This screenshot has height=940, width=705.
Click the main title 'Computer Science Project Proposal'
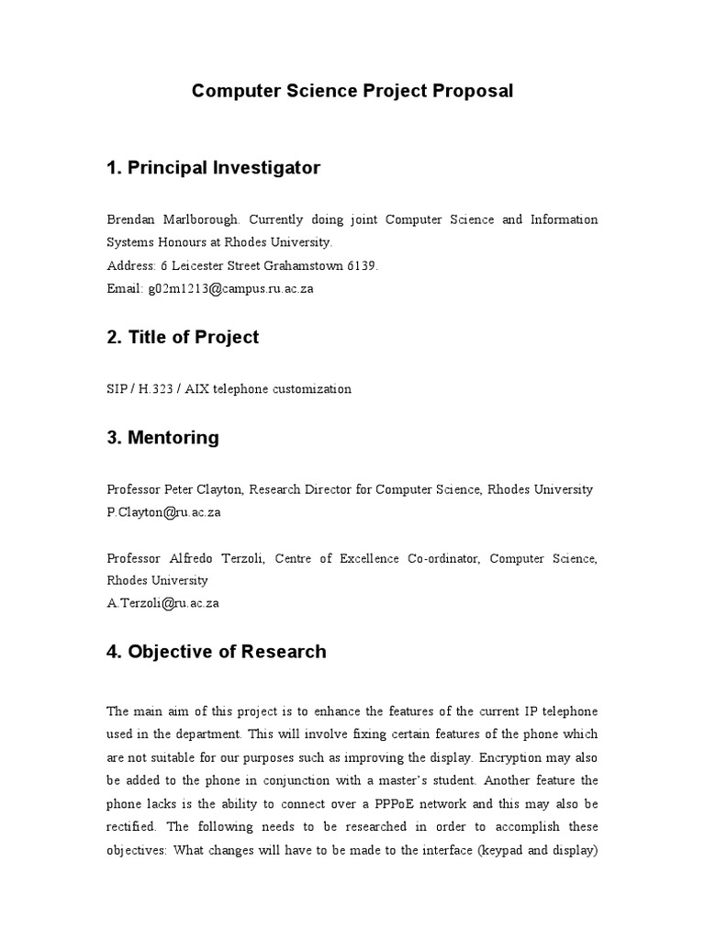(352, 91)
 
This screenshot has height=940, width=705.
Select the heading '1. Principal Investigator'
(213, 168)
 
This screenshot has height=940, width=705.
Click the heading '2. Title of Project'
(183, 337)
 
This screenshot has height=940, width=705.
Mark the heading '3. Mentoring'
(162, 438)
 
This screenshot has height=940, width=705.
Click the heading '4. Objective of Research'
(216, 652)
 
